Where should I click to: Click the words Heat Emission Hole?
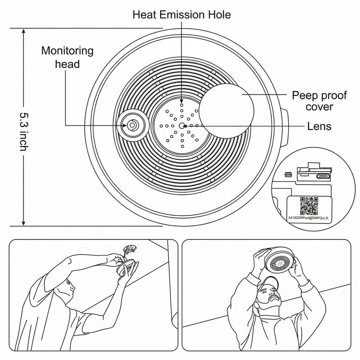click(182, 15)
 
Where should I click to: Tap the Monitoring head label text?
click(67, 57)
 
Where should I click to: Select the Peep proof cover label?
click(319, 100)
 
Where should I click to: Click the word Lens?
click(319, 126)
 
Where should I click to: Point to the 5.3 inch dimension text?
click(23, 131)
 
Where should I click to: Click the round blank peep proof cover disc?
click(226, 111)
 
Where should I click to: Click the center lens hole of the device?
click(182, 126)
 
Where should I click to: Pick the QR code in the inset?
click(309, 205)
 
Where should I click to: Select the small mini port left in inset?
click(288, 174)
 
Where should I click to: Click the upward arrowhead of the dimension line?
click(23, 31)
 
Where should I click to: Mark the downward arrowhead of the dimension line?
click(23, 223)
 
